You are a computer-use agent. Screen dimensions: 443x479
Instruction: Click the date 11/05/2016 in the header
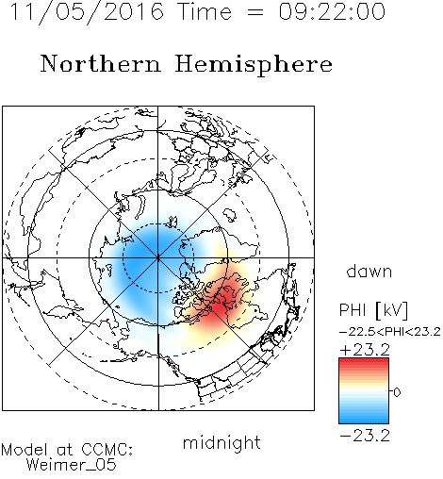coord(87,11)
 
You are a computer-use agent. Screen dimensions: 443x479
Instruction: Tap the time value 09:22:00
coord(332,11)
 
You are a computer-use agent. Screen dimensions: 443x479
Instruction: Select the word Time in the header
coord(205,11)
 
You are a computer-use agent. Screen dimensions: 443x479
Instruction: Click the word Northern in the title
coord(101,63)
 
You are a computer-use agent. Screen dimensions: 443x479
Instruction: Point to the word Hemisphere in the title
coord(254,65)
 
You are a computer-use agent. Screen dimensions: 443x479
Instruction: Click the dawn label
coord(369,271)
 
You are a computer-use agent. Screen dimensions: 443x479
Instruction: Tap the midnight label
coord(221,443)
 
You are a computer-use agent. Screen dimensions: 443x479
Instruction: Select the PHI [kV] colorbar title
coord(373,310)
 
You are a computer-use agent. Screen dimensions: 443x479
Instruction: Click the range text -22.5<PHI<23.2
coord(390,332)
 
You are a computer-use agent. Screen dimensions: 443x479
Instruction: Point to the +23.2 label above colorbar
coord(365,350)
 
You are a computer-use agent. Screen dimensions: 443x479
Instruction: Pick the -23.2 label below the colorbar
coord(365,436)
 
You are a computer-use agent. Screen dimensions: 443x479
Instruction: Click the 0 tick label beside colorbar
coord(397,392)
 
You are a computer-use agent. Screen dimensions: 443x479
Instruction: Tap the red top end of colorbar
coord(364,360)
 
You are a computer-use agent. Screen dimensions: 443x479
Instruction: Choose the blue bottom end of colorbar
coord(364,421)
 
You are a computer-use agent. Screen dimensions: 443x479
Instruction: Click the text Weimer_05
coord(72,465)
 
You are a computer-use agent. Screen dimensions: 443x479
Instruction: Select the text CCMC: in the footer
coord(107,450)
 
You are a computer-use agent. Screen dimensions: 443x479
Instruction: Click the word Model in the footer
coord(25,450)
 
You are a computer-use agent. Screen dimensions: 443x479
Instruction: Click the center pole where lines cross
coord(158,257)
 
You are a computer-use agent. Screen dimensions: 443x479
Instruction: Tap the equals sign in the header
coord(255,12)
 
